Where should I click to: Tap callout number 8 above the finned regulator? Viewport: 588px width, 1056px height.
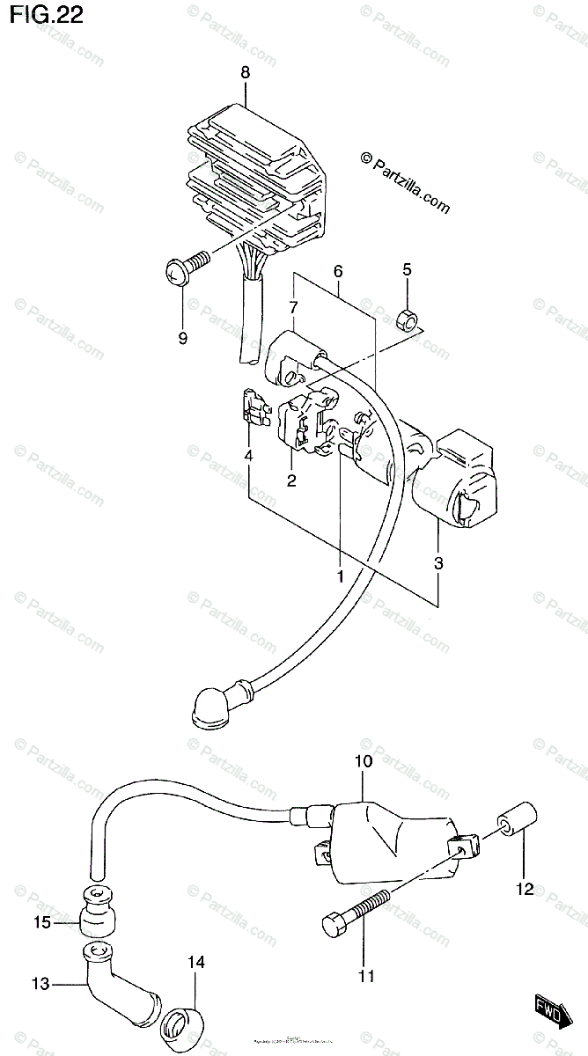coord(246,73)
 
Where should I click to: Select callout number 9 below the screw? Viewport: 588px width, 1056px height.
coord(183,338)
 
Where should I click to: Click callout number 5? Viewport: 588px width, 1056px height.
coord(407,269)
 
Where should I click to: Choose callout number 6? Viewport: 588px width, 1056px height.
coord(337,272)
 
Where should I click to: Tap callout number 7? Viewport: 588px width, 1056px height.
coord(293,306)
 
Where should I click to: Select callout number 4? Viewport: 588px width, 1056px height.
coord(248,456)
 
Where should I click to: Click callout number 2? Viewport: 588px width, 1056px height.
coord(290,480)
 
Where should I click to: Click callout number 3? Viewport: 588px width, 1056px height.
coord(438,563)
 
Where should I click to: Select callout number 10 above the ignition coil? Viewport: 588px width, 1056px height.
coord(364,759)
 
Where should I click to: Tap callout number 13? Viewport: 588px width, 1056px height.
coord(39,983)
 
